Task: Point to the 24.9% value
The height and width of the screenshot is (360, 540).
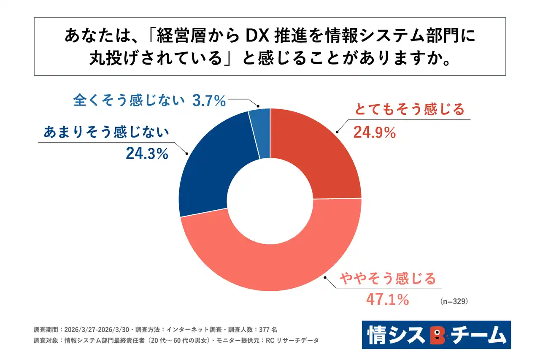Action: [375, 133]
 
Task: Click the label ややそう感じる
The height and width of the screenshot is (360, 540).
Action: [387, 279]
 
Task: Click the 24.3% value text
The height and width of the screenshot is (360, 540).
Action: [147, 154]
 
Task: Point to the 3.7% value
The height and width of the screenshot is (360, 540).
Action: [209, 101]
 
